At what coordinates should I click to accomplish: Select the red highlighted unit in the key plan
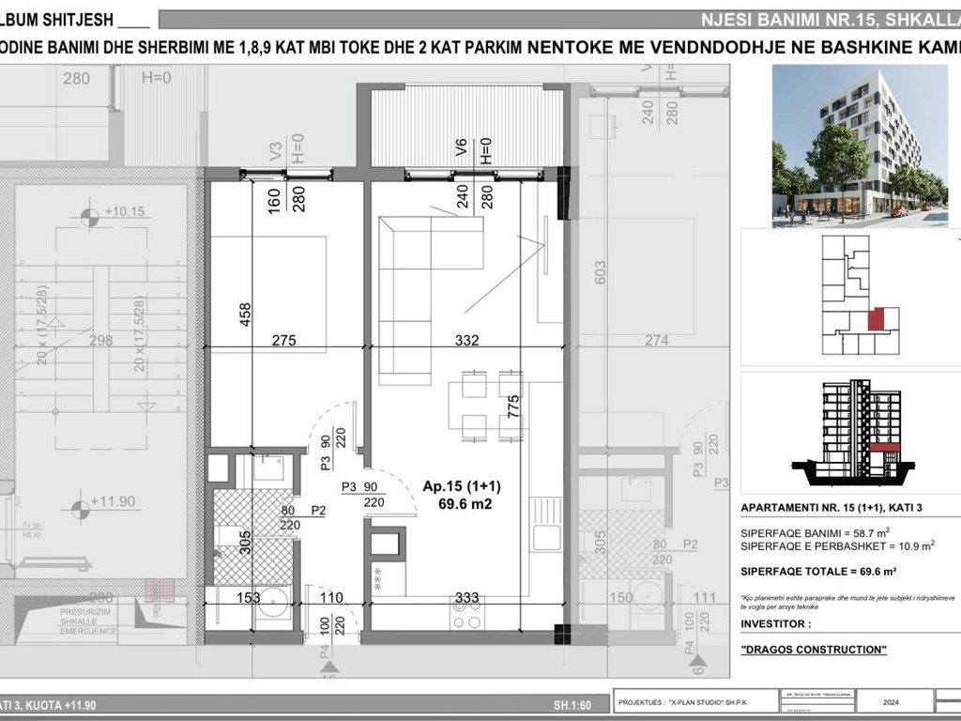(x=875, y=320)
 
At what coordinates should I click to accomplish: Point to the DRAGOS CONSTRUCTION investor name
(x=813, y=650)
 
